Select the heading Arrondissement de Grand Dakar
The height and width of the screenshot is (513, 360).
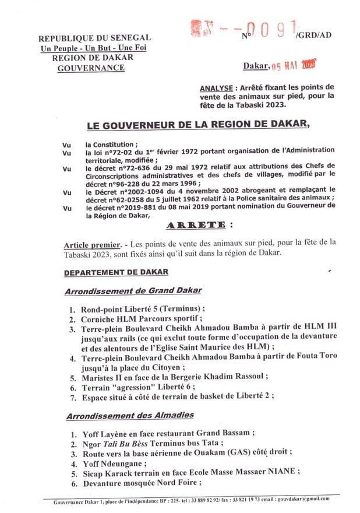click(x=130, y=290)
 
